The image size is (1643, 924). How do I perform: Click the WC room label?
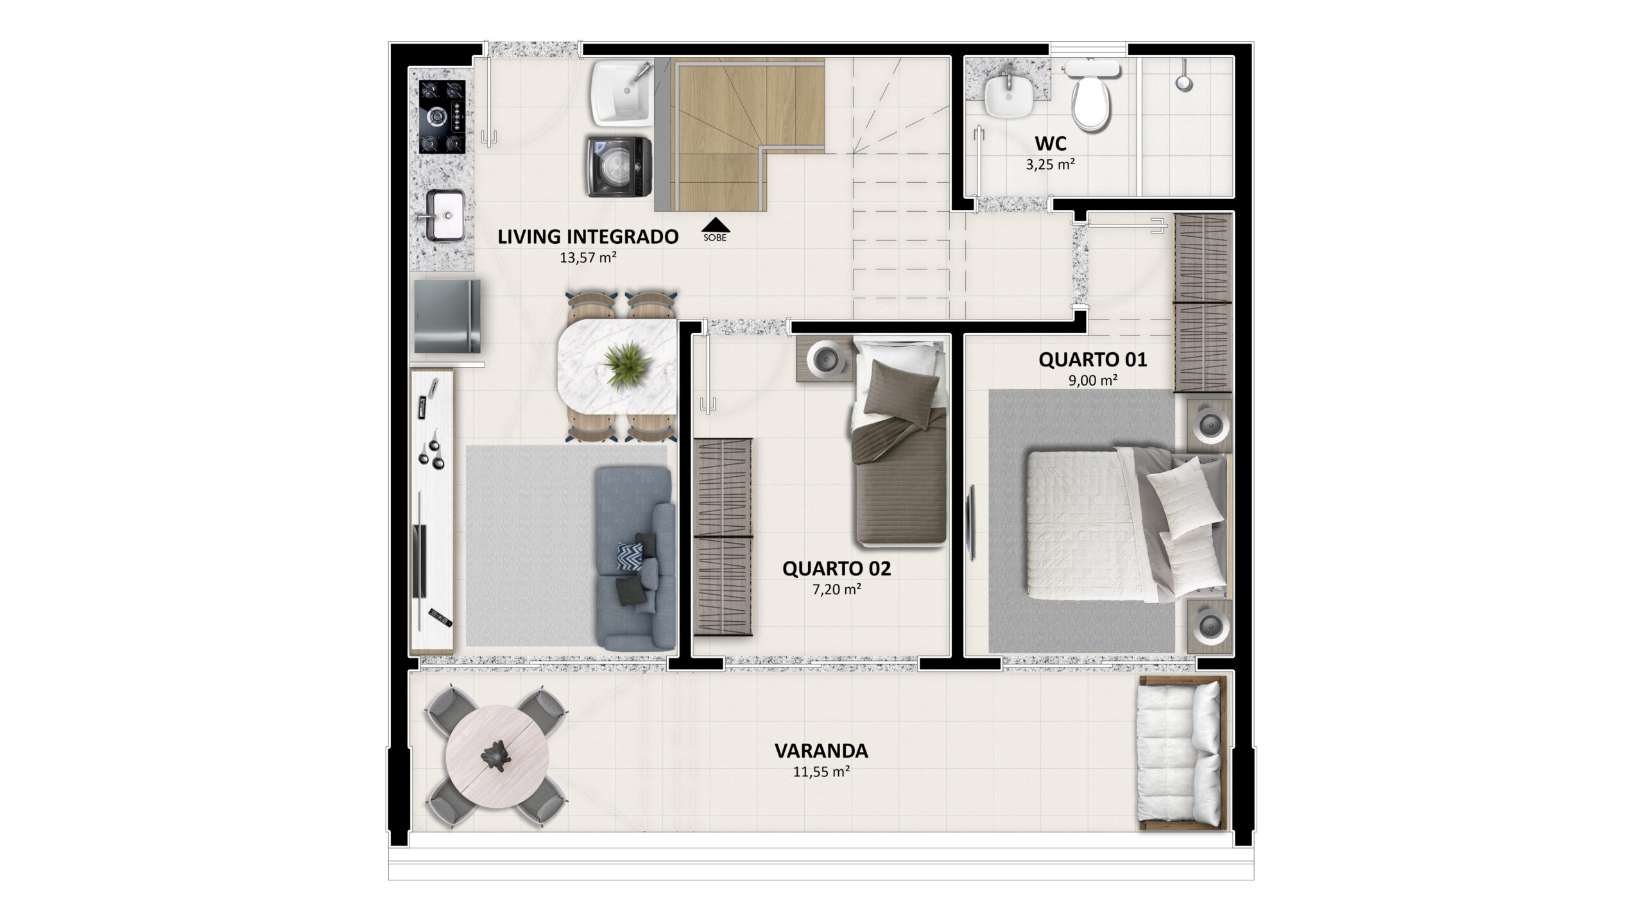point(1051,142)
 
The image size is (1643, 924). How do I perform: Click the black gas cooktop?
point(442,116)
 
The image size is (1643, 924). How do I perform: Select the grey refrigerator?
point(447,315)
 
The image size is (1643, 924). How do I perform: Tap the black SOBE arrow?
point(715,225)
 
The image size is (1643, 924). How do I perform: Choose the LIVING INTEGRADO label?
point(588,237)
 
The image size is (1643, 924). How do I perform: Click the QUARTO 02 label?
point(836,569)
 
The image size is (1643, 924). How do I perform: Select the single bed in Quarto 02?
point(900,443)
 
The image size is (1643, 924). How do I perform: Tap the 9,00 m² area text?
point(1092,380)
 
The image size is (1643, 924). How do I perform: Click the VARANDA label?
point(821,751)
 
